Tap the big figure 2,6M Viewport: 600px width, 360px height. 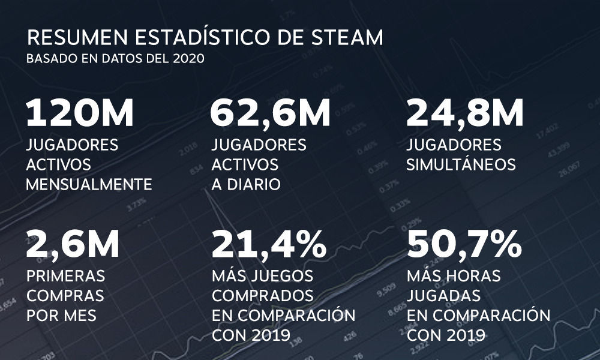pos(73,244)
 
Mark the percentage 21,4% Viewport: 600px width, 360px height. pos(269,244)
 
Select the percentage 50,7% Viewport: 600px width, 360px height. pos(464,244)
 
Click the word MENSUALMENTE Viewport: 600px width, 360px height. pos(89,184)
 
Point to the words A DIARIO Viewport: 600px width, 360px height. pos(246,184)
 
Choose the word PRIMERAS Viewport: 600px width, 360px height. pos(66,276)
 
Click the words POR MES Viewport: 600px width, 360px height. pos(62,315)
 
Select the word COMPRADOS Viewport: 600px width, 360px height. pos(263,296)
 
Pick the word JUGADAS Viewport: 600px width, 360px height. pos(444,296)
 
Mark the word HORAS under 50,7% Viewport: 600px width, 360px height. pos(474,276)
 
